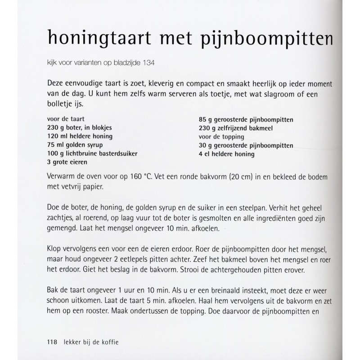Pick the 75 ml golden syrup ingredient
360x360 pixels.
pyautogui.click(x=72, y=144)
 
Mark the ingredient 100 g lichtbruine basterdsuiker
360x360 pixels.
pyautogui.click(x=92, y=153)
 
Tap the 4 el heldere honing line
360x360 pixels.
pyautogui.click(x=226, y=154)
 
